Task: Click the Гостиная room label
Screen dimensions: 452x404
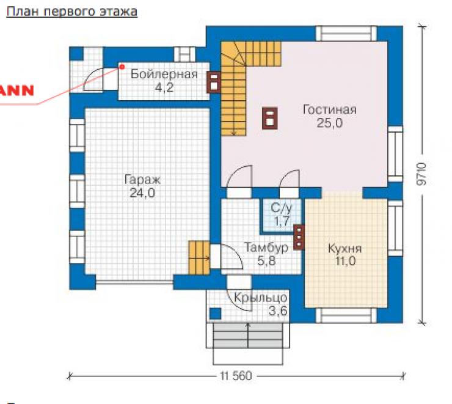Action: pyautogui.click(x=329, y=110)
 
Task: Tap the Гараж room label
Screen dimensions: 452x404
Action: pyautogui.click(x=142, y=180)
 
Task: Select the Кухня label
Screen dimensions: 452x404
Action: pyautogui.click(x=344, y=249)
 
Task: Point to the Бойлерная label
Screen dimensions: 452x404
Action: pyautogui.click(x=164, y=74)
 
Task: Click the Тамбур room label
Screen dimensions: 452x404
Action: pyautogui.click(x=266, y=248)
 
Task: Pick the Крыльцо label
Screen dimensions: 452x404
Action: pyautogui.click(x=261, y=297)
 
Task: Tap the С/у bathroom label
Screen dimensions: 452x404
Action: pyautogui.click(x=282, y=208)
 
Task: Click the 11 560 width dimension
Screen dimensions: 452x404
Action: pyautogui.click(x=236, y=376)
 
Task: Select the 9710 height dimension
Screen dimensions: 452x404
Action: pyautogui.click(x=421, y=174)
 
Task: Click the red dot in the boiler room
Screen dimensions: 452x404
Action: pyautogui.click(x=122, y=67)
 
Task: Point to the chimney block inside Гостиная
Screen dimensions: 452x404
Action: pyautogui.click(x=270, y=118)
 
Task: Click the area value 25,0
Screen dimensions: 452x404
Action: pyautogui.click(x=329, y=123)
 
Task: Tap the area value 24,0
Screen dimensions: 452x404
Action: pyautogui.click(x=142, y=193)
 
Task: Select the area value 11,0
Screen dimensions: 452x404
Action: pyautogui.click(x=345, y=261)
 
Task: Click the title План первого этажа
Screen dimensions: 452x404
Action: pyautogui.click(x=72, y=12)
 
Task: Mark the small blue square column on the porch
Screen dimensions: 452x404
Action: pyautogui.click(x=215, y=314)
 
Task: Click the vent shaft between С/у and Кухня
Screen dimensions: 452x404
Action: pyautogui.click(x=299, y=237)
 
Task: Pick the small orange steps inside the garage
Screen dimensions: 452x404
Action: pyautogui.click(x=199, y=258)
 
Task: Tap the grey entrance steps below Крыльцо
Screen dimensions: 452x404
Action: pyautogui.click(x=248, y=335)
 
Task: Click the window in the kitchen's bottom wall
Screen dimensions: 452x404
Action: pyautogui.click(x=346, y=315)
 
